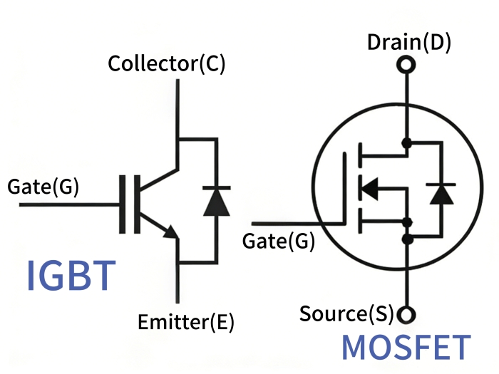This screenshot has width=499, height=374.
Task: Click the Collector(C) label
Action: (166, 64)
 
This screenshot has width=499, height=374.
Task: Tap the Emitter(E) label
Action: (185, 321)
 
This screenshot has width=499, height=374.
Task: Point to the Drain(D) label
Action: (409, 43)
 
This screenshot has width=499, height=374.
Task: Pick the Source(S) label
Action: (346, 313)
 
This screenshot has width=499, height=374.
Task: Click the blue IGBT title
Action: (71, 276)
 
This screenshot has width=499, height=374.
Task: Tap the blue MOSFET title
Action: (406, 347)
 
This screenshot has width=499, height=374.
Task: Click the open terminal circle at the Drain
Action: (406, 66)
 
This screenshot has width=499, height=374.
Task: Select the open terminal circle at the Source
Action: (406, 313)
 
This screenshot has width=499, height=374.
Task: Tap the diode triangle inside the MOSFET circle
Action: (442, 193)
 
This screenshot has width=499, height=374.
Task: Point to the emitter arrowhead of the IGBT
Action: (170, 232)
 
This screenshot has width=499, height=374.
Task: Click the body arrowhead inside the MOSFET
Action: (368, 189)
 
